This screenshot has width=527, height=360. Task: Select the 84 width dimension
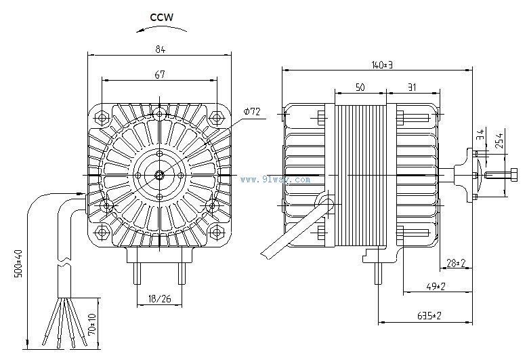pyautogui.click(x=160, y=48)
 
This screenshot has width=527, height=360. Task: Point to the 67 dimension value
pyautogui.click(x=160, y=76)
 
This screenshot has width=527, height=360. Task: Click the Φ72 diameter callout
pyautogui.click(x=252, y=111)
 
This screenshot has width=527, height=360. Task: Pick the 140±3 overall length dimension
pyautogui.click(x=382, y=64)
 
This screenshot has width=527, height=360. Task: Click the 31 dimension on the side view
pyautogui.click(x=412, y=88)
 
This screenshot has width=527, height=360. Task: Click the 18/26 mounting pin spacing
pyautogui.click(x=160, y=298)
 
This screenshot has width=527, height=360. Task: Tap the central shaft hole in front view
pyautogui.click(x=159, y=174)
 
